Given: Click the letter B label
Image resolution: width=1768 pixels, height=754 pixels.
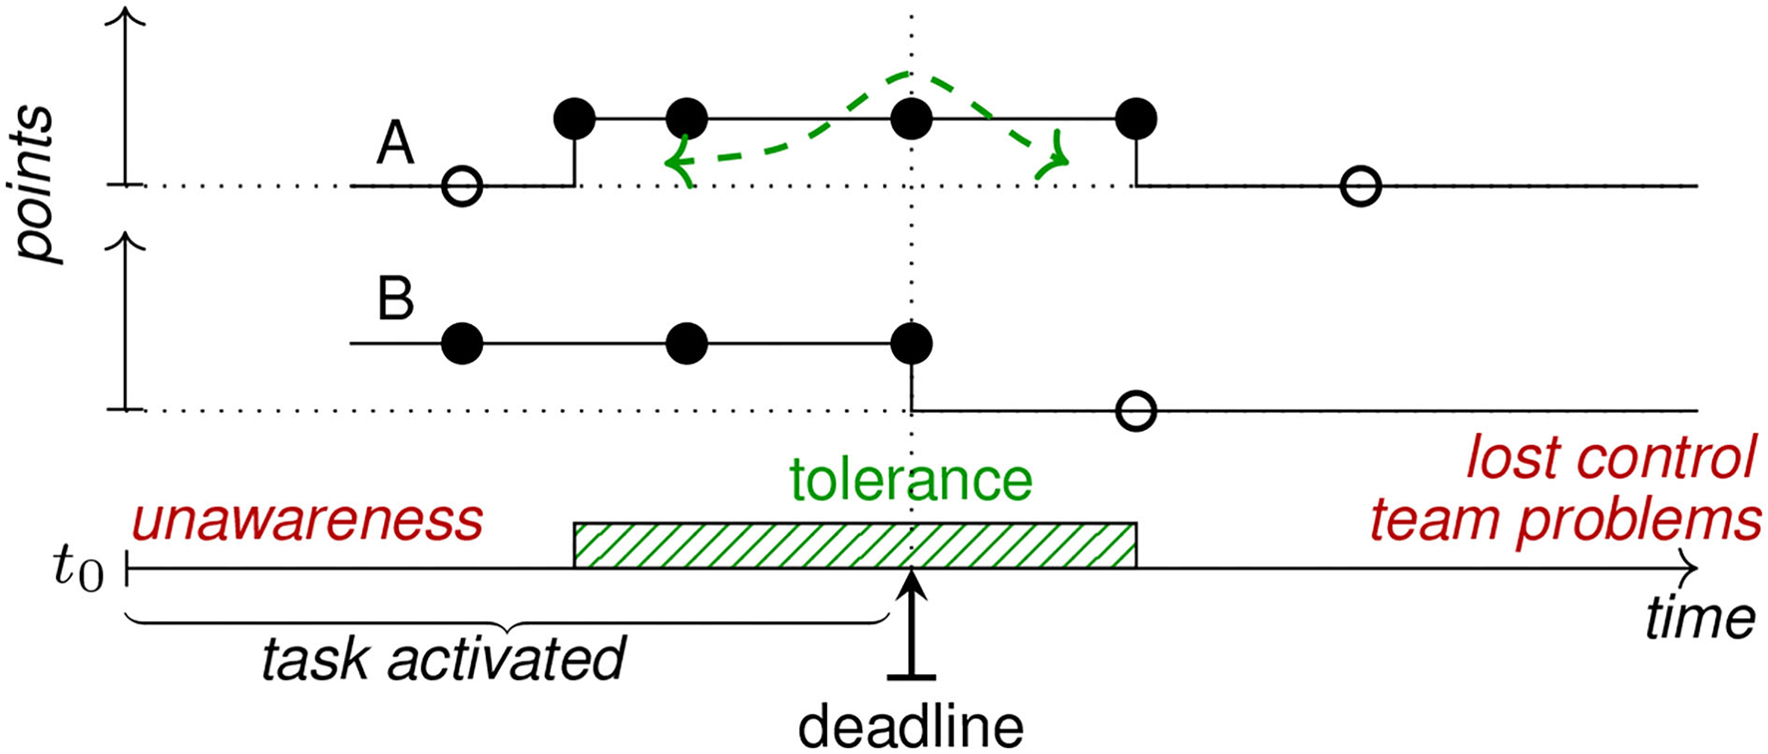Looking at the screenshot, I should click(x=395, y=298).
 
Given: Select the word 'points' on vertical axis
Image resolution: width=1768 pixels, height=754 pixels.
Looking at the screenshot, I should click(x=37, y=186).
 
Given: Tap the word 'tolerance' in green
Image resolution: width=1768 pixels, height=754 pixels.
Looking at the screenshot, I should click(x=911, y=481).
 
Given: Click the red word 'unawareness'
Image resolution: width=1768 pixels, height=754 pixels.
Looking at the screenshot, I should click(x=307, y=520).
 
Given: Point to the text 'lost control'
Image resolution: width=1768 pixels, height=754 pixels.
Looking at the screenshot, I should click(x=1609, y=459).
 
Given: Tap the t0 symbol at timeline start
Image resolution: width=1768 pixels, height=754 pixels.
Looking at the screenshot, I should click(x=78, y=569).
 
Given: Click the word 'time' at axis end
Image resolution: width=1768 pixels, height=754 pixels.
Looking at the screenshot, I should click(x=1699, y=619).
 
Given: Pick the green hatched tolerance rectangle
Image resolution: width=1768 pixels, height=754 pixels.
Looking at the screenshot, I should click(x=854, y=545).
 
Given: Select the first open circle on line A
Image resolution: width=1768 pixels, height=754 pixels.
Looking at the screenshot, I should click(x=462, y=186).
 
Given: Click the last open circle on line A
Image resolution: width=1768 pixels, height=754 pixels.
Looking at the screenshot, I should click(x=1361, y=186).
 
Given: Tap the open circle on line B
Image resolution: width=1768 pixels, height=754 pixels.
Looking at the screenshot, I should click(x=1136, y=410).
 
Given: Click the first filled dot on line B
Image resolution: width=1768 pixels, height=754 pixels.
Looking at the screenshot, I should click(x=462, y=344).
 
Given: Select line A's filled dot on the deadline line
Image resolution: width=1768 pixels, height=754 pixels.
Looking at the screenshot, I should click(x=911, y=120).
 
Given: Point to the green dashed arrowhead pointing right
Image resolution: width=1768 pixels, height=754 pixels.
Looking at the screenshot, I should click(x=1056, y=160).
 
